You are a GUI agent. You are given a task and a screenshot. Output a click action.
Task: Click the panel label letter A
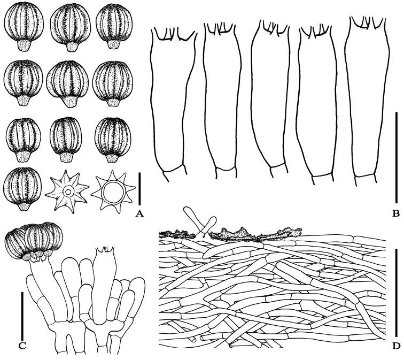[x=139, y=213]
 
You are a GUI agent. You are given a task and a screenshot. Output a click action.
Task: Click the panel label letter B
[x=395, y=213]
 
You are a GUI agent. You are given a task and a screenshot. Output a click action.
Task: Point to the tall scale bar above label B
[x=396, y=157]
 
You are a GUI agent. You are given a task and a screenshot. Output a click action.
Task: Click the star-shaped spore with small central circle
[x=67, y=191]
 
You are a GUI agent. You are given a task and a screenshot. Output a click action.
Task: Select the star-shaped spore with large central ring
[x=113, y=192]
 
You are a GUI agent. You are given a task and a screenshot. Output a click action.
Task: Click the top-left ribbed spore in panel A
[x=24, y=27]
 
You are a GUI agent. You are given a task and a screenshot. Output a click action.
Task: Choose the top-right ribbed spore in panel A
[x=114, y=27]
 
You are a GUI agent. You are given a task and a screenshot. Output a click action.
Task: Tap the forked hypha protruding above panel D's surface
[x=200, y=221]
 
